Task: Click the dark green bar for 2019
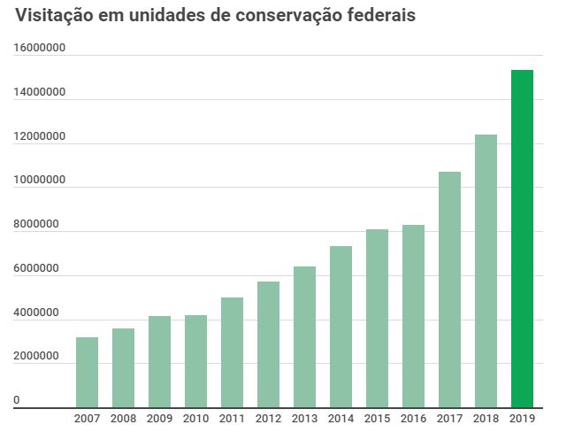[522, 239]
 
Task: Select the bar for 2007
[87, 372]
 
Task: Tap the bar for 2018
[486, 271]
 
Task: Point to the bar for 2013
[304, 336]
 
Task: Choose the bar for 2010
[195, 361]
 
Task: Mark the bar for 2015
[377, 319]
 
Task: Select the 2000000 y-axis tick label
[35, 357]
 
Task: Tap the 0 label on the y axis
[16, 401]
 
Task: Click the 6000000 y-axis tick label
[35, 268]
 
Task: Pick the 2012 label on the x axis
[268, 419]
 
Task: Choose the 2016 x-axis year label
[413, 419]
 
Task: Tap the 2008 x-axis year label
[123, 419]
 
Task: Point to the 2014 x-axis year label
[341, 419]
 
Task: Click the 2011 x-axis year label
[232, 419]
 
